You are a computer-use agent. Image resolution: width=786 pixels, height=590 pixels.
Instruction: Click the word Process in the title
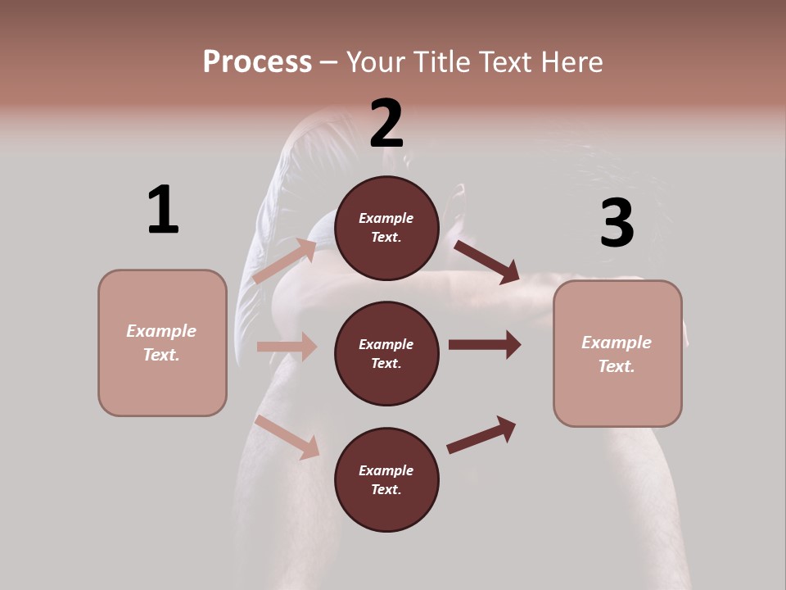pos(257,62)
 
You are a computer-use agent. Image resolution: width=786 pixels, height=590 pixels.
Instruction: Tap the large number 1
pos(163,210)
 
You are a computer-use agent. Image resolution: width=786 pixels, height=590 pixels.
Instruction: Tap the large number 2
pos(386,124)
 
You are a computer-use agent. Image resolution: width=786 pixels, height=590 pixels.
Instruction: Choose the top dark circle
pos(387,228)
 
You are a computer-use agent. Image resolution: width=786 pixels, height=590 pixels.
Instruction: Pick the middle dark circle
pos(387,353)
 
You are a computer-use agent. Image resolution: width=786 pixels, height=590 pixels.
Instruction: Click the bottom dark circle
pos(387,479)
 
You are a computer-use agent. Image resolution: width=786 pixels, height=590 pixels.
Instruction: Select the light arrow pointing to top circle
pos(285,261)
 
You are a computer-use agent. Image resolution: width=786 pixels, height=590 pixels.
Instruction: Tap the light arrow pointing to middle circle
pos(287,347)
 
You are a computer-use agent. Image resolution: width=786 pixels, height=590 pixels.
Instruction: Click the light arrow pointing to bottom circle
pos(287,437)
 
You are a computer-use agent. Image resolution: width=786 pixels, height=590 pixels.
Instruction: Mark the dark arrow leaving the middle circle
pos(484,344)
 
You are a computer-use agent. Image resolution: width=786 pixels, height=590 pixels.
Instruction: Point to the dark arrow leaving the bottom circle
pos(481,434)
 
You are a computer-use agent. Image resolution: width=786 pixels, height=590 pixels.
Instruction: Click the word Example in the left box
pos(161,331)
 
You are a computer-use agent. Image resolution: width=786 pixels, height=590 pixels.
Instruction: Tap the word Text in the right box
pos(616,366)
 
